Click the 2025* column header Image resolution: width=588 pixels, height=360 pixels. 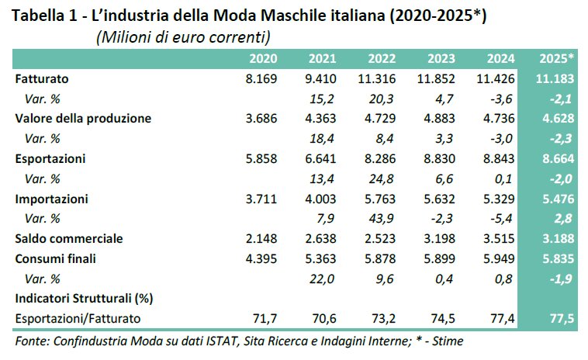pos(556,59)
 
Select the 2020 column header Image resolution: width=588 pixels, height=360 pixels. pos(263,59)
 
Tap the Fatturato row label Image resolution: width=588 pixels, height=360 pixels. pos(42,78)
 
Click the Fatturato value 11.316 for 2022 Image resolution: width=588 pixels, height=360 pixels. pos(378,78)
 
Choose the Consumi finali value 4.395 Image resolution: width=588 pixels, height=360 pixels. pos(259,258)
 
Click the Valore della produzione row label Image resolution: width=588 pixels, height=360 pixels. pos(83,119)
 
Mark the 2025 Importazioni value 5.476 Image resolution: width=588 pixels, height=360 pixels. pos(556,198)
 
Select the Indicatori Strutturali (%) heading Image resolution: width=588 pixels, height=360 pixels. pos(82,297)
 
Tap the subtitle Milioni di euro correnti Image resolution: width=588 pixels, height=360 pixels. pos(182,37)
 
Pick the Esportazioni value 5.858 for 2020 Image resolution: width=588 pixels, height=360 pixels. pos(259,158)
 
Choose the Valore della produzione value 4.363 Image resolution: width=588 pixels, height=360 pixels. pos(319,119)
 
